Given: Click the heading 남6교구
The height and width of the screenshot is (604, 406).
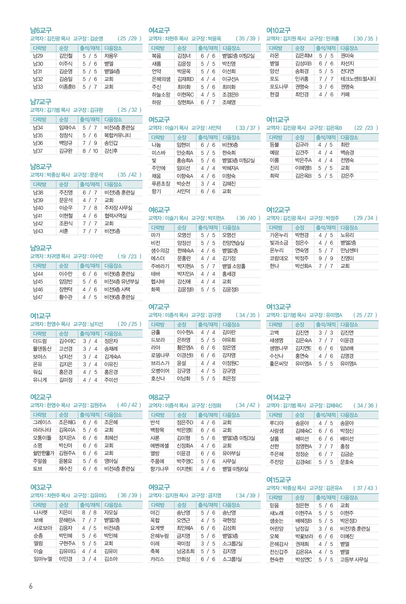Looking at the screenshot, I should click(41, 31).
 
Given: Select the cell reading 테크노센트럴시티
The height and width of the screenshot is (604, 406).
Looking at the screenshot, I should click(358, 79).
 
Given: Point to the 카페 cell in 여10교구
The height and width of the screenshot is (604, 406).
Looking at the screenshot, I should click(345, 95).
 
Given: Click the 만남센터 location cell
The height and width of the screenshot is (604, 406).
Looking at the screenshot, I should click(349, 251).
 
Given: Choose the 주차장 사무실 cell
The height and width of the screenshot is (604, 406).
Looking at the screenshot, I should click(118, 208).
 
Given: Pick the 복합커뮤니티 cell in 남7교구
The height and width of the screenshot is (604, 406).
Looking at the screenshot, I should click(118, 135).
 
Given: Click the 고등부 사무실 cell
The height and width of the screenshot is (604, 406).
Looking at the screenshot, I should click(354, 559).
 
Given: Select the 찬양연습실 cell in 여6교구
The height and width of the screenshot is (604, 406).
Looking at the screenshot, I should click(233, 243).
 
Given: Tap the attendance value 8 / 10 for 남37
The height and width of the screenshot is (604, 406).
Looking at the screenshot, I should click(90, 151).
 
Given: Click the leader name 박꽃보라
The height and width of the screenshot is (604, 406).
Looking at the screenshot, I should click(304, 536).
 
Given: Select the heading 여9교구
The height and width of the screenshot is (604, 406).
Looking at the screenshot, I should click(159, 487).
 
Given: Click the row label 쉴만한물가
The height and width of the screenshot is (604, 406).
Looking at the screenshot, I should click(43, 453).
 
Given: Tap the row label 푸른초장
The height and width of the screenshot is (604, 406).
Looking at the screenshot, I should click(161, 184).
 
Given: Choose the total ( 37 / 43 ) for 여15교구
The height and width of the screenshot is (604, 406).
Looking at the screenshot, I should click(365, 488).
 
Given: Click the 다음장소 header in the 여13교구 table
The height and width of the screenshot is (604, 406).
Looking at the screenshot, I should click(349, 324).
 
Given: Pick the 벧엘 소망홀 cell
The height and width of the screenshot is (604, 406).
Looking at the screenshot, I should click(234, 266).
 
